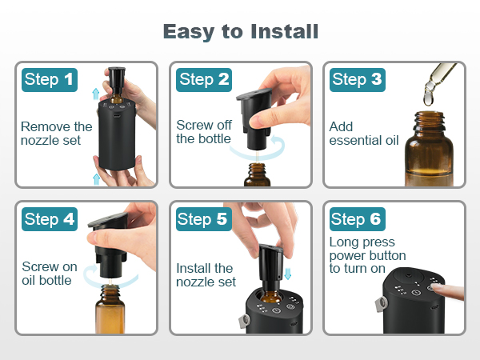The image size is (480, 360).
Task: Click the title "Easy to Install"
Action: [241, 32]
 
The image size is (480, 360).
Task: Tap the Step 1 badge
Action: [50, 79]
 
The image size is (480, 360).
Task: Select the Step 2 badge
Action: [204, 79]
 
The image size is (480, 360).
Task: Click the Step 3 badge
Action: [358, 79]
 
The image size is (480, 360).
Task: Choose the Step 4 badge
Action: [50, 219]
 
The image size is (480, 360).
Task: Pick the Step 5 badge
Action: [204, 219]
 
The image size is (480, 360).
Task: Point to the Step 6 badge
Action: [358, 219]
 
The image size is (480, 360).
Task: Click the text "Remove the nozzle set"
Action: [56, 134]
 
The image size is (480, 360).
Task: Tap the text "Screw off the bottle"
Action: [204, 132]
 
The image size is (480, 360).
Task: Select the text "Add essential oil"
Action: [364, 134]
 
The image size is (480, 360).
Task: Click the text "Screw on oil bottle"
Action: [50, 274]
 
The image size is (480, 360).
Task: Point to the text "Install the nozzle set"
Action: [206, 275]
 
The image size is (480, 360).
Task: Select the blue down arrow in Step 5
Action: [287, 273]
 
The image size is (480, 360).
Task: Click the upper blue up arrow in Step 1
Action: [96, 94]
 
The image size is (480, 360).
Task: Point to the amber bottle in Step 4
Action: [110, 309]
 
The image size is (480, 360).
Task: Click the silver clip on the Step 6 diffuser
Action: [381, 304]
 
